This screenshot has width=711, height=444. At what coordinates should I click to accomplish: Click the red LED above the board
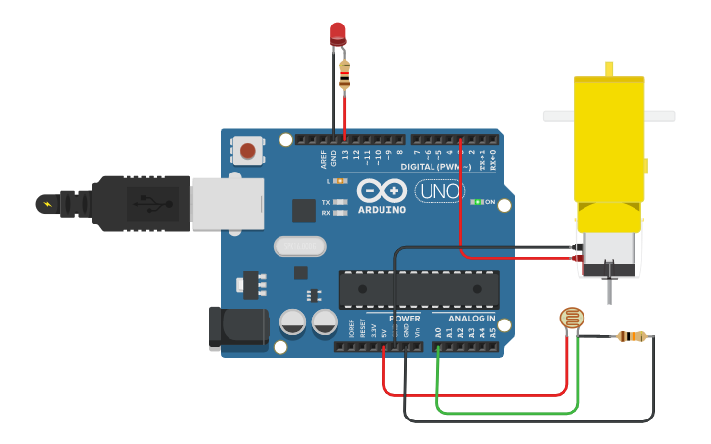[338, 33]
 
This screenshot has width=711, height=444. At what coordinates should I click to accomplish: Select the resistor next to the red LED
[344, 74]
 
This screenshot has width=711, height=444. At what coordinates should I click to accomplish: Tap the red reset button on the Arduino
[248, 151]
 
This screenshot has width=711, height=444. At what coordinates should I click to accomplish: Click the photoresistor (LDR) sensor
[571, 318]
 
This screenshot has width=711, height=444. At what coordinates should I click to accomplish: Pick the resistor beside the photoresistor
[632, 337]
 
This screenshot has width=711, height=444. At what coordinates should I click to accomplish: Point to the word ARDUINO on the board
[381, 209]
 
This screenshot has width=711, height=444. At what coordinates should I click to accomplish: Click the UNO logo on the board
[439, 192]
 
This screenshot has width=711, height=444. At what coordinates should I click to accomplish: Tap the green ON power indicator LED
[478, 202]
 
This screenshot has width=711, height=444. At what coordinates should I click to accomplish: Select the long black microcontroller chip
[419, 288]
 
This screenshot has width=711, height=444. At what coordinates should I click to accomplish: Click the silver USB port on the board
[227, 204]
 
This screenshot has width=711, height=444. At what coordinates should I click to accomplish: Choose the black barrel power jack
[238, 328]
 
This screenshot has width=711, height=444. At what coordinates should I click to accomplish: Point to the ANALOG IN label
[472, 319]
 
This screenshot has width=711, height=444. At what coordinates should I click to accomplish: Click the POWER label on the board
[404, 319]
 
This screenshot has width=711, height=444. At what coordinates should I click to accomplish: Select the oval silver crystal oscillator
[299, 246]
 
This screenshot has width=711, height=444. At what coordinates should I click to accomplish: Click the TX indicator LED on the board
[340, 202]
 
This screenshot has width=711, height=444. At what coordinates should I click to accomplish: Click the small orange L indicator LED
[340, 181]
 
